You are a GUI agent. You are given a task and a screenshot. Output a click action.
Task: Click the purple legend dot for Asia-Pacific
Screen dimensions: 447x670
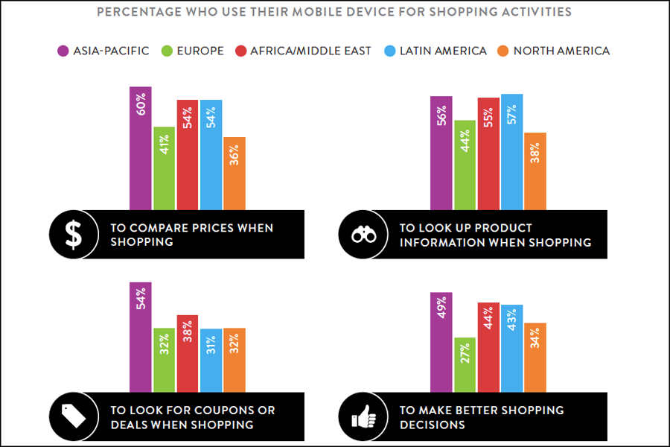tap(63, 51)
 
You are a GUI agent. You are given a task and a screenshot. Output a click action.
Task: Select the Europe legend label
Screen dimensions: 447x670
tap(200, 51)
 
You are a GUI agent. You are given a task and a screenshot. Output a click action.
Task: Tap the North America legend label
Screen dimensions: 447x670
tap(561, 51)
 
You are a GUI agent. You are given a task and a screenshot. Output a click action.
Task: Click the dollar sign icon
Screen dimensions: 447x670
tap(74, 234)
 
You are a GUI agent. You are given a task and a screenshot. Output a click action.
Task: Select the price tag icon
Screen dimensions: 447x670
tap(74, 416)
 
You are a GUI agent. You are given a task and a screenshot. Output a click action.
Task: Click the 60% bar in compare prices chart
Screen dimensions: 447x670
tap(141, 148)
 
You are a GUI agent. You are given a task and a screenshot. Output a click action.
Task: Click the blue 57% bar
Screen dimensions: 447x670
tap(511, 152)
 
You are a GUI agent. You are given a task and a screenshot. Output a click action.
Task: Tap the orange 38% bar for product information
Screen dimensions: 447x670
tap(535, 171)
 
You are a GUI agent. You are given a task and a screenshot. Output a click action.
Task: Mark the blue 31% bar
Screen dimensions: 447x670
tap(211, 361)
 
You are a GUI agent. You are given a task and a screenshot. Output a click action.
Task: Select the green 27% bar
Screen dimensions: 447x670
tap(465, 365)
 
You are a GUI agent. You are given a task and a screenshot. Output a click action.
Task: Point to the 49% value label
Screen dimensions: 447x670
tap(442, 308)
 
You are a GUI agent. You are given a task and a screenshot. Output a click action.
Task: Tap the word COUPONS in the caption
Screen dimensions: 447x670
tap(227, 410)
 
